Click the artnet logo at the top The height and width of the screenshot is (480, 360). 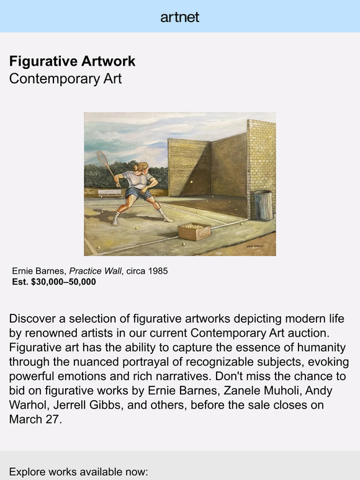pos(179,17)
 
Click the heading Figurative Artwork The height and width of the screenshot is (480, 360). pos(72,61)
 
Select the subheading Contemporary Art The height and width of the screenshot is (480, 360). pos(65,79)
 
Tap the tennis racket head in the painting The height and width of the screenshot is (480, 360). pos(102,160)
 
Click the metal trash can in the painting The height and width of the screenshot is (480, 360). pos(263,205)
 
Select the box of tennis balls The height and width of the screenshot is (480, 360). pos(194,232)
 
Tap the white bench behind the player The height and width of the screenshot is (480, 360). pos(110,193)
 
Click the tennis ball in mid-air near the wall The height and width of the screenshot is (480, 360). pos(192,182)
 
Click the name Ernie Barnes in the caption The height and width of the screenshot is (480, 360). pos(38,271)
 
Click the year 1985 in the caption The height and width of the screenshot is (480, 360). pos(156,271)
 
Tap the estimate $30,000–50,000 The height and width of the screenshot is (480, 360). pos(54,282)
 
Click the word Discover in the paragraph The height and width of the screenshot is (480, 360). pos(34,319)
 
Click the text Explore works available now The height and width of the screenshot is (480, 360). pos(79,472)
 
